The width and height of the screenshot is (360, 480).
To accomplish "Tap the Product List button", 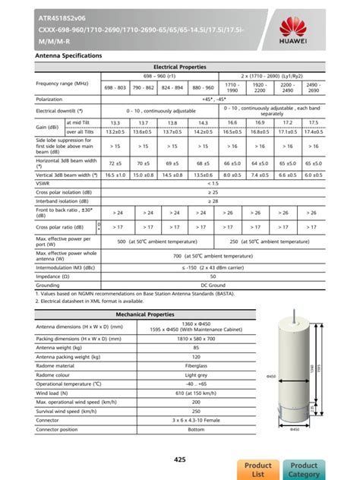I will click(257, 469).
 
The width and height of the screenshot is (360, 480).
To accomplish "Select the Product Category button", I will click(304, 469).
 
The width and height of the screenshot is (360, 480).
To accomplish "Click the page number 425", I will click(180, 459).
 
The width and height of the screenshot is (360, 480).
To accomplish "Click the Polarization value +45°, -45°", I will click(213, 99).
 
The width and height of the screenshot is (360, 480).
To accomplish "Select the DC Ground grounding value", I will click(213, 285).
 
